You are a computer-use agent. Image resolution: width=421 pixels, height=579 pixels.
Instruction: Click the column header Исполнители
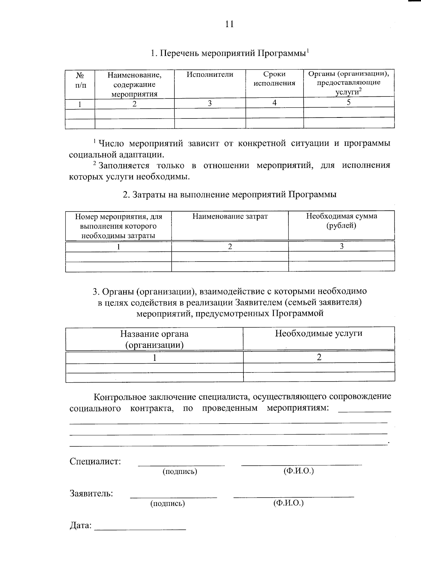(210, 74)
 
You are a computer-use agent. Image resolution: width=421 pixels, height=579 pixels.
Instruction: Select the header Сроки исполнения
(274, 79)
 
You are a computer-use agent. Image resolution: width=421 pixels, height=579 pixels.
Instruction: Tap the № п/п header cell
(80, 80)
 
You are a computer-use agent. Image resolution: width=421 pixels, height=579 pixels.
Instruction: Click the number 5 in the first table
(348, 102)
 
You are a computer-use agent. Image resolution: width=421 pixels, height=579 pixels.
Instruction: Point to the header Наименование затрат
(230, 216)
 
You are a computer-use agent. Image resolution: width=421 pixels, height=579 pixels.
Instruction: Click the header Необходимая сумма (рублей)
(341, 221)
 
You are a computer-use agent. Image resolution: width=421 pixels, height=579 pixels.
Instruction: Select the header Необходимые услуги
(319, 333)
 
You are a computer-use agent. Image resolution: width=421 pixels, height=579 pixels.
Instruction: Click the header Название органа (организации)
(154, 339)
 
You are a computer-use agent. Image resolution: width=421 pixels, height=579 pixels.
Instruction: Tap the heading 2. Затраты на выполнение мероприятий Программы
(229, 195)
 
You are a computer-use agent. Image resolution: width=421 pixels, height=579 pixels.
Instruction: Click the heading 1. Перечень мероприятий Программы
(229, 53)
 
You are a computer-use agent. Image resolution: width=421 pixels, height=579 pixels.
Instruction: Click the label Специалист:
(95, 461)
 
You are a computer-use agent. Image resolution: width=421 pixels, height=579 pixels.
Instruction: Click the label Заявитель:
(91, 493)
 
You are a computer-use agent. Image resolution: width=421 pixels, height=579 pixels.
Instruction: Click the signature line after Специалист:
(181, 465)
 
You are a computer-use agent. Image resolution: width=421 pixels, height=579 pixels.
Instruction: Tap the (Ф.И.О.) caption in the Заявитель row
(288, 503)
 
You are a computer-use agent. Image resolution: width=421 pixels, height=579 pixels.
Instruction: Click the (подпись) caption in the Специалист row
(180, 472)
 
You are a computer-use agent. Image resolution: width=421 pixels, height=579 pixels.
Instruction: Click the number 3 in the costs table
(341, 246)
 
